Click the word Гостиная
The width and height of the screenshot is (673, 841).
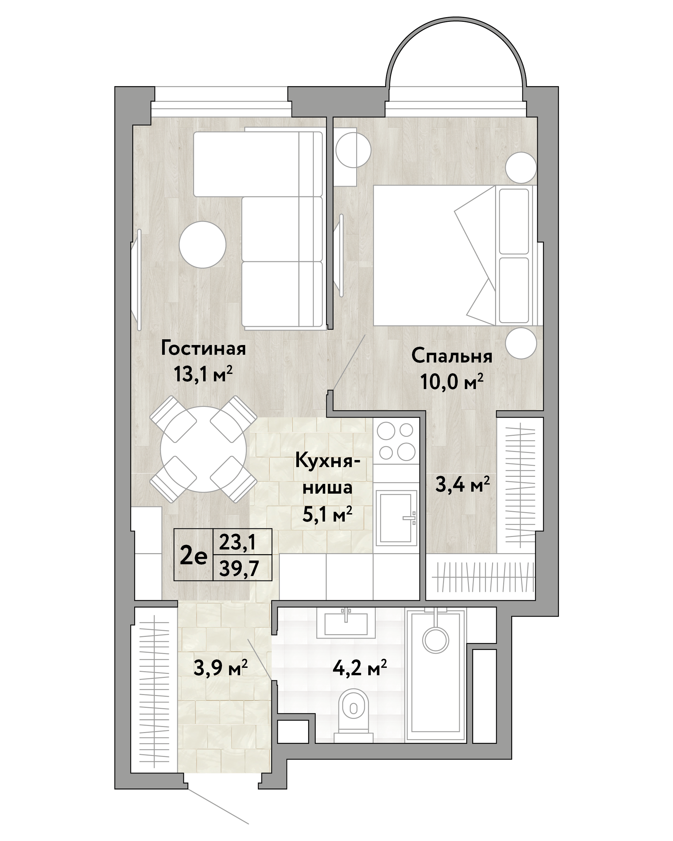click(x=203, y=348)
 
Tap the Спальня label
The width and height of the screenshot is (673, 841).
click(x=452, y=356)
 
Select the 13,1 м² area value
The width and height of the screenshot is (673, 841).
click(x=203, y=375)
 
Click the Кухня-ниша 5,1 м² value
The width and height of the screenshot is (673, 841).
click(x=327, y=515)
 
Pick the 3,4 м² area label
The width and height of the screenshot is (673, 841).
click(x=462, y=485)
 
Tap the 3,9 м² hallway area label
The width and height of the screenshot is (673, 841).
click(x=220, y=668)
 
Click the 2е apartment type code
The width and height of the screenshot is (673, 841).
click(x=193, y=556)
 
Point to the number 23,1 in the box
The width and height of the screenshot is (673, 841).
click(x=237, y=542)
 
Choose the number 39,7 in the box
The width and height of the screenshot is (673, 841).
click(x=239, y=568)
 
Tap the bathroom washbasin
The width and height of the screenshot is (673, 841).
click(x=346, y=623)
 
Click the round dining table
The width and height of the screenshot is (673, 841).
click(x=203, y=449)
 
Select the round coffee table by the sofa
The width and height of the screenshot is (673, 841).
click(x=202, y=244)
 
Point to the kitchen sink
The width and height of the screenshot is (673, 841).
click(x=396, y=518)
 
